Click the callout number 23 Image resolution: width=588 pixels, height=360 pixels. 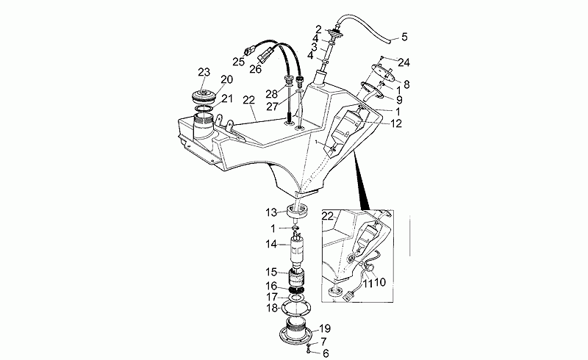tap(204, 71)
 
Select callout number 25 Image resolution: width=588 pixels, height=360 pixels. tap(239, 62)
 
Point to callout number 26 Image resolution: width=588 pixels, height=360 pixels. tap(255, 70)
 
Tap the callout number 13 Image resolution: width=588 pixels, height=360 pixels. tap(271, 212)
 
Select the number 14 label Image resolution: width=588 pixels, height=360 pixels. tap(271, 243)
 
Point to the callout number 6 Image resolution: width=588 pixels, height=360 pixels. tap(324, 353)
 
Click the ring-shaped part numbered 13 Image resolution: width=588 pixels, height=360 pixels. tap(297, 214)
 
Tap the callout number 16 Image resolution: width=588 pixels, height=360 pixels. tap(271, 286)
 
